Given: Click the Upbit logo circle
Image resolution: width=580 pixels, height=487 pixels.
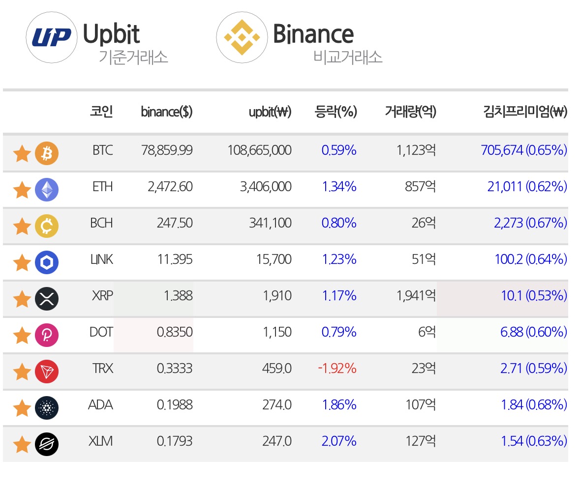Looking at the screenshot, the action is click(x=52, y=37).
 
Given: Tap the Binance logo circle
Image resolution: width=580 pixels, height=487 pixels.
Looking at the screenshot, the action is click(x=242, y=37).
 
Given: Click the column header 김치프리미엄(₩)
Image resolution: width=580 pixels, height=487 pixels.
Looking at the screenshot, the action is click(x=525, y=111).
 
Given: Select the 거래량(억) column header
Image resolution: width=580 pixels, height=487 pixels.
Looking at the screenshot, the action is click(x=411, y=111).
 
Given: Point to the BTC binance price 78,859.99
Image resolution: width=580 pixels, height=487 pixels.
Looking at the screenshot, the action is click(x=167, y=150).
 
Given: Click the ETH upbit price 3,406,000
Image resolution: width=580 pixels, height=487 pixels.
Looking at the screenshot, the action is click(x=266, y=187).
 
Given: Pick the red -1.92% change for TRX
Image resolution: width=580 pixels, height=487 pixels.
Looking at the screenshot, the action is click(x=337, y=369).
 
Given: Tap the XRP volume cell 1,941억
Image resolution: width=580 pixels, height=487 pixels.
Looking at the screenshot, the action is click(x=416, y=296).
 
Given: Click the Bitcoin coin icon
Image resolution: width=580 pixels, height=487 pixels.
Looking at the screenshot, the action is click(x=47, y=153).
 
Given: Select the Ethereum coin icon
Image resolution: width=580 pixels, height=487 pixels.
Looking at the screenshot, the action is click(x=47, y=190).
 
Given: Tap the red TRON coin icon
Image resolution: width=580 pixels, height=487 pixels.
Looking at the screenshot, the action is click(x=47, y=372).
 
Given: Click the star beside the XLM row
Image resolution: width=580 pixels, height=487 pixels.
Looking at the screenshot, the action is click(x=22, y=444).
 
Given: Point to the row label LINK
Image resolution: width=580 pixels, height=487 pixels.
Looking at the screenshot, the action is click(x=102, y=259).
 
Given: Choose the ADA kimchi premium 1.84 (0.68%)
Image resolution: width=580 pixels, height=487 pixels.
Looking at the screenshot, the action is click(x=534, y=404).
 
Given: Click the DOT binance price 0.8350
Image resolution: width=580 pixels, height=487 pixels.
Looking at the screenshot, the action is click(x=175, y=332).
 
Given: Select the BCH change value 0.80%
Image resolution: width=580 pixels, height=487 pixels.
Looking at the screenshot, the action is click(x=339, y=223).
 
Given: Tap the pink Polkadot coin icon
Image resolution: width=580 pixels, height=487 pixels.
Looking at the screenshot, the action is click(x=47, y=335).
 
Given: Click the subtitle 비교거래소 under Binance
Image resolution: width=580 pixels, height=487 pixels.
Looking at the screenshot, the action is click(x=348, y=57).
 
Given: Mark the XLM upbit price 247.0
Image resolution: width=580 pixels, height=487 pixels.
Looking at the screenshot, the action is click(x=276, y=441).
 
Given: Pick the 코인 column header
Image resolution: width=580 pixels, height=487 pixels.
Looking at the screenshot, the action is click(x=101, y=111).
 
